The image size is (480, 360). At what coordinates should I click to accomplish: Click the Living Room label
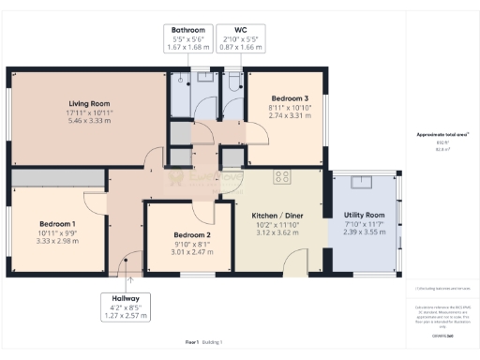click(x=90, y=103)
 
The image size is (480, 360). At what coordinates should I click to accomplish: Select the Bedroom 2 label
click(x=189, y=234)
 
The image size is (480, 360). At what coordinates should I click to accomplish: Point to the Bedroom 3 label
click(x=290, y=98)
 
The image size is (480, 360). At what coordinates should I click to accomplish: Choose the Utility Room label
click(x=365, y=215)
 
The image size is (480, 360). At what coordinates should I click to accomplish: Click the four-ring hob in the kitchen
click(x=281, y=177)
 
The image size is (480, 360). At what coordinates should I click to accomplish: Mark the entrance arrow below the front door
click(x=129, y=278)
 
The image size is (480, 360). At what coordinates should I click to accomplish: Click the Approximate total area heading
click(x=442, y=135)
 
